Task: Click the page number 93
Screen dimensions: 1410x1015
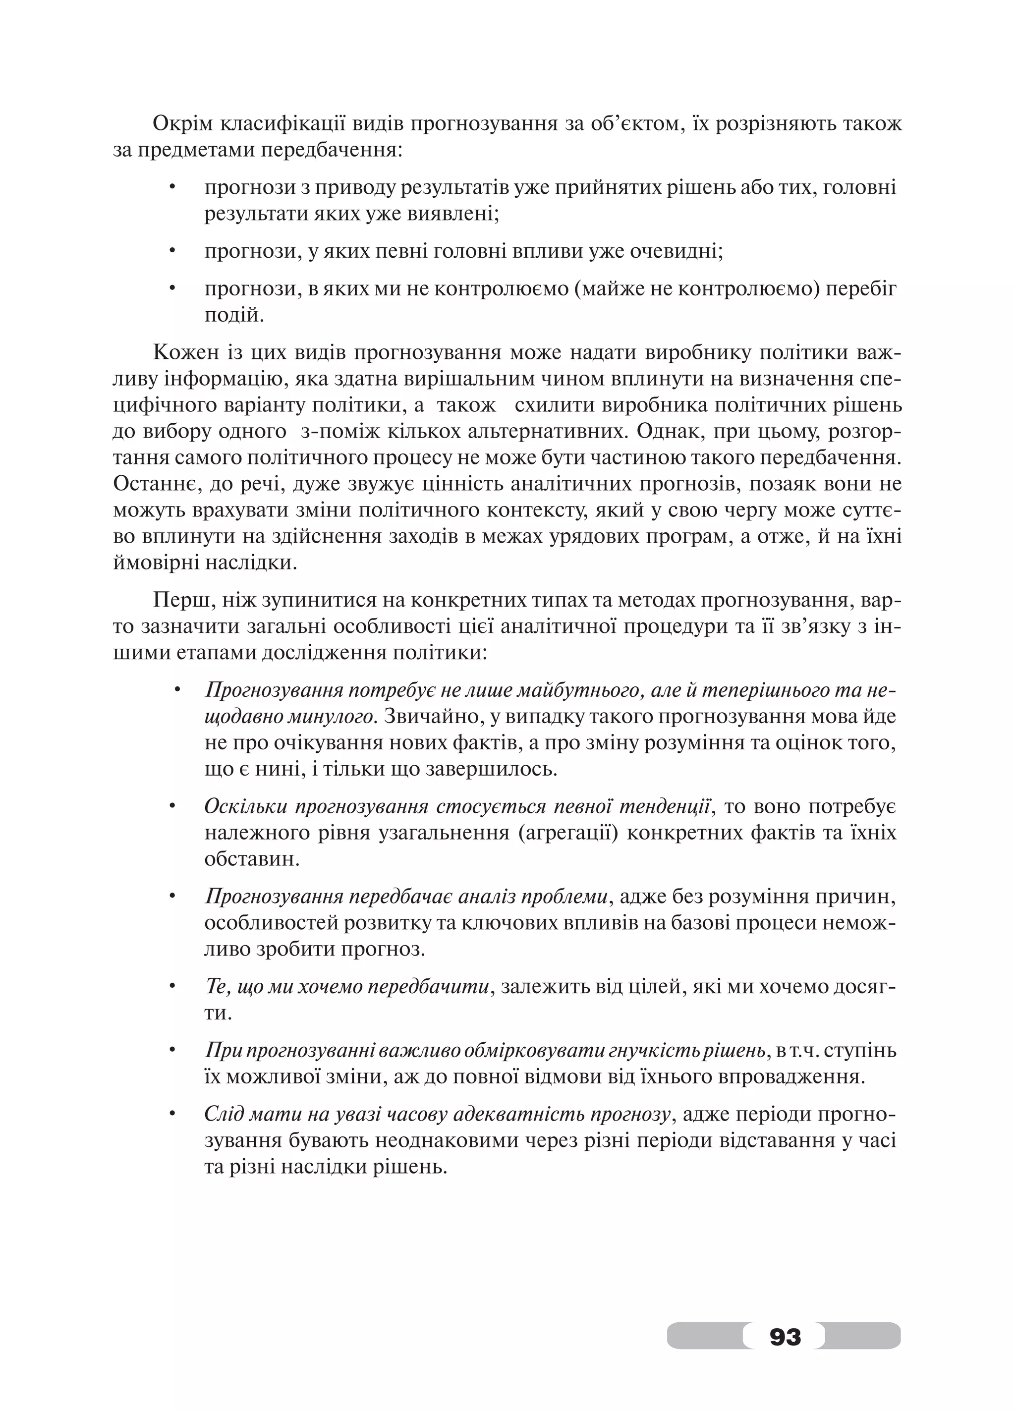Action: tap(785, 1335)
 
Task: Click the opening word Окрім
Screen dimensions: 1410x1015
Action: tap(181, 124)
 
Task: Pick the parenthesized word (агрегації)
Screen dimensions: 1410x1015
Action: tap(567, 833)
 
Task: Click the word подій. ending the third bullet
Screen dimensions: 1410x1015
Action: tap(234, 316)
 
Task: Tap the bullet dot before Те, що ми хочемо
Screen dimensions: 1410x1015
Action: tap(173, 987)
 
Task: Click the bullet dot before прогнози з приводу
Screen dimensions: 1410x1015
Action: tap(173, 187)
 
